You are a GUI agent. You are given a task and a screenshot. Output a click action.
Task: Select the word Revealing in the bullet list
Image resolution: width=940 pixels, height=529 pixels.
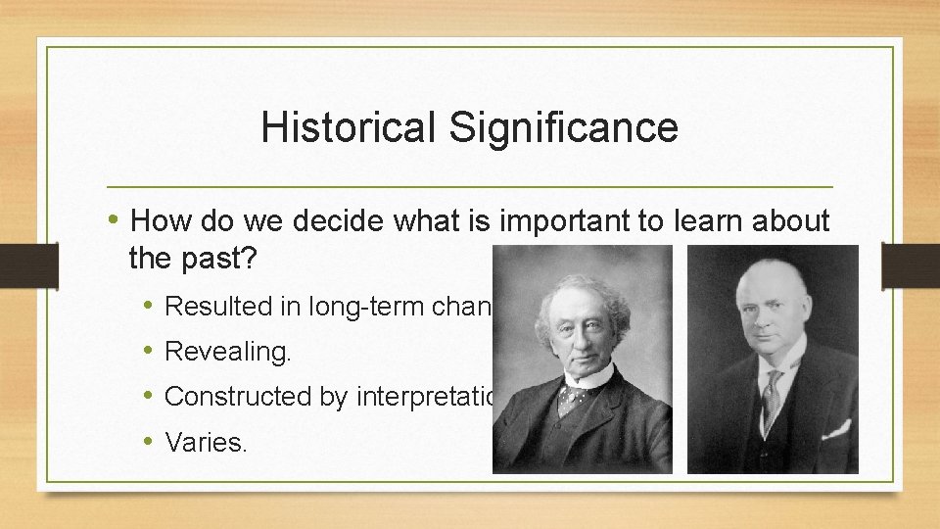[226, 352]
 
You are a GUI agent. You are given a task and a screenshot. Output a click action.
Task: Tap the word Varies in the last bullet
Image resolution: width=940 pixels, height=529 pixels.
[205, 442]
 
